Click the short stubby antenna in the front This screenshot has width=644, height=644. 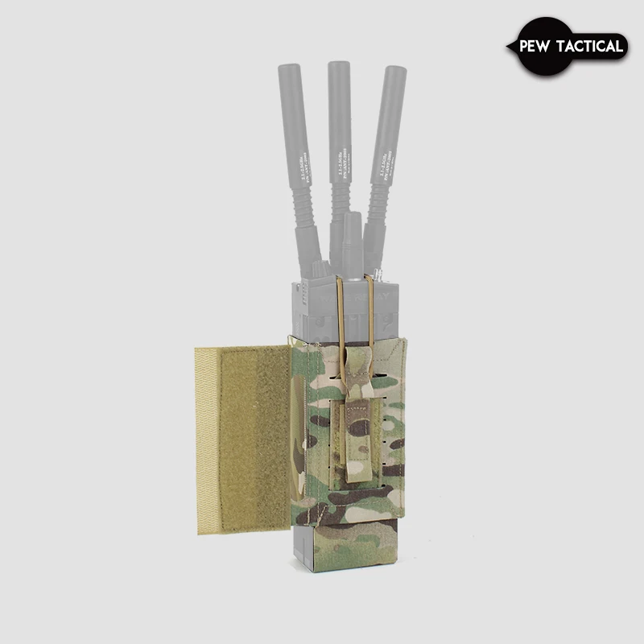(x=350, y=242)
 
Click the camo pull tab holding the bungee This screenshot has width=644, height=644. (x=354, y=439)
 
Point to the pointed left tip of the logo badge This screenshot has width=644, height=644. (x=508, y=47)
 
